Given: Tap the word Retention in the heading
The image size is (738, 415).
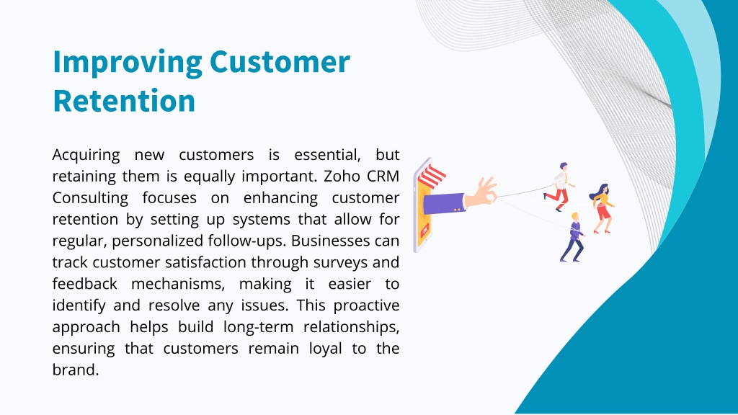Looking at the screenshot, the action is (x=124, y=101).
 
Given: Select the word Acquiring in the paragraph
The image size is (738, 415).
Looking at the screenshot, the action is (x=86, y=156).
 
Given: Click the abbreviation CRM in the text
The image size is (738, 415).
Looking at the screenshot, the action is (x=383, y=176).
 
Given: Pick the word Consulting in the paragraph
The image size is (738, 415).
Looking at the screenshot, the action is (x=90, y=198).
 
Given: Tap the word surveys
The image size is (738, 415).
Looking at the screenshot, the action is (x=339, y=262).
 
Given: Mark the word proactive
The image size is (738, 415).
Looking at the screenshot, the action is (x=366, y=305).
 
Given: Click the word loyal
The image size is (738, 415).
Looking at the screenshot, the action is (x=325, y=349).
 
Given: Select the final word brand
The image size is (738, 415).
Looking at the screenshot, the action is (x=75, y=370).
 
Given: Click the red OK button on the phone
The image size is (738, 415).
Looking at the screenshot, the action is (x=425, y=230).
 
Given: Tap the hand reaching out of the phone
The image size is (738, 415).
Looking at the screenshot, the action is (x=481, y=192).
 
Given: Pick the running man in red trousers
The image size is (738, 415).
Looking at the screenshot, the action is (x=559, y=187).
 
